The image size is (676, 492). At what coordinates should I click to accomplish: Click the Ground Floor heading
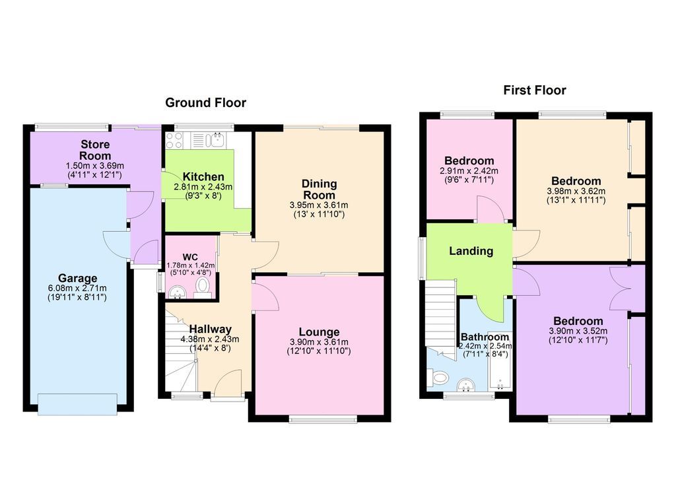[205, 102]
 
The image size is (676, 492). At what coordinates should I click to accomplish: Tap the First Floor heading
[535, 90]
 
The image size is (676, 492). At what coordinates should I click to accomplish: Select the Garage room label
[77, 278]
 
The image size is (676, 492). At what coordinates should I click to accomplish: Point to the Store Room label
[96, 149]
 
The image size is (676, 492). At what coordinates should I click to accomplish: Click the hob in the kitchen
[174, 139]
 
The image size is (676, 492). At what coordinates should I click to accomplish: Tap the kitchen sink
[215, 139]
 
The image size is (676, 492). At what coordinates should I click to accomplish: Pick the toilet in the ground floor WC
[203, 286]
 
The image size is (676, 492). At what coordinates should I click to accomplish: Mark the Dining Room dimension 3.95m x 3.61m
[319, 205]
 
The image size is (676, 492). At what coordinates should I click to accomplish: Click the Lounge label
[319, 332]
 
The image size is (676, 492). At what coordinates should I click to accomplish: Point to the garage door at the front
[78, 404]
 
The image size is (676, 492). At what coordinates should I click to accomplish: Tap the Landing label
[471, 251]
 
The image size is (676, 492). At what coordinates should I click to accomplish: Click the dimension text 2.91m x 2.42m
[469, 171]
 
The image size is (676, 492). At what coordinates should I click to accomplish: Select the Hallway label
[211, 329]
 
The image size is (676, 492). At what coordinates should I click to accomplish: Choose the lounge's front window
[323, 419]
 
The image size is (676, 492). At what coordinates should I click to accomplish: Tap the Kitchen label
[203, 177]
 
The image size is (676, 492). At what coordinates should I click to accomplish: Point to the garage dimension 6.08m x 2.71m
[77, 288]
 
